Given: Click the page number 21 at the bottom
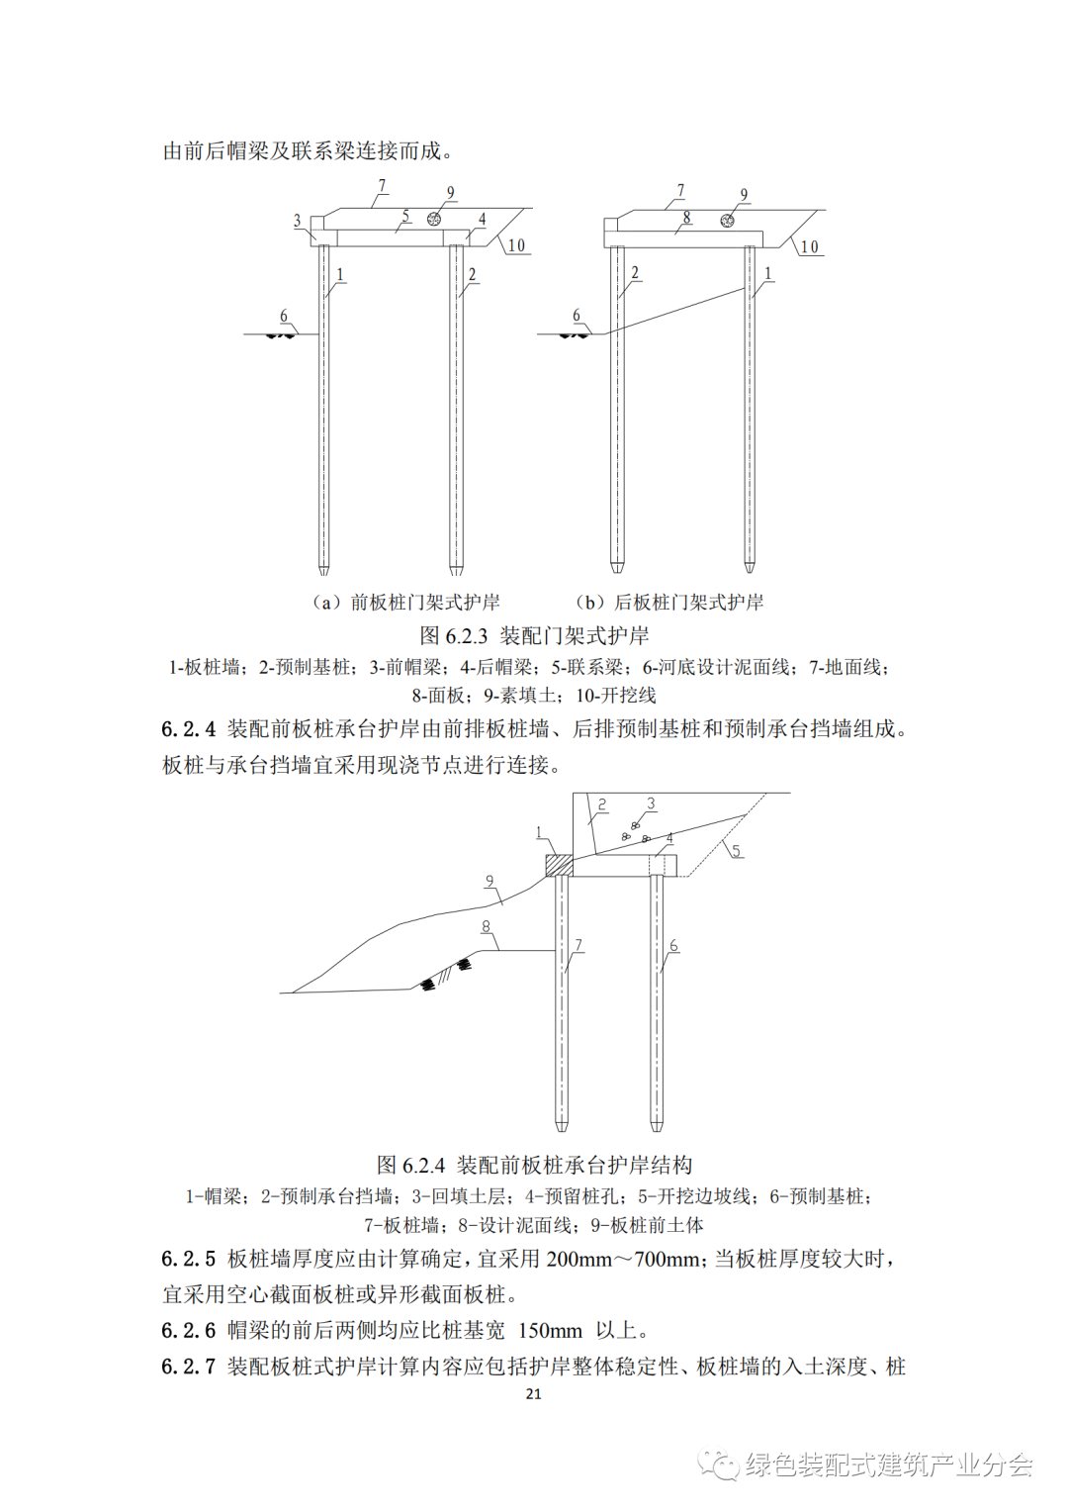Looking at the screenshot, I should click(x=534, y=1393).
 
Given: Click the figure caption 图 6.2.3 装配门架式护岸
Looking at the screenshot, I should click(x=534, y=635).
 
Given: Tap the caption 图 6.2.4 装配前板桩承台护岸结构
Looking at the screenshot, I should click(x=534, y=1165).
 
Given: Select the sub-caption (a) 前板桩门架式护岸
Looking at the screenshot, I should click(x=406, y=602).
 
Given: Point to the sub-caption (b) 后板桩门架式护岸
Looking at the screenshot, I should click(x=670, y=602).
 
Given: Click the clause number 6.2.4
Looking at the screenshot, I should click(x=188, y=729).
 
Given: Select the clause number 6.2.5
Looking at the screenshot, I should click(x=188, y=1259).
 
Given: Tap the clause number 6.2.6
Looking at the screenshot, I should click(x=188, y=1330).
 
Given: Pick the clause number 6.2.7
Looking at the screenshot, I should click(x=188, y=1367).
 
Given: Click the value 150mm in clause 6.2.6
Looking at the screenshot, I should click(x=550, y=1330).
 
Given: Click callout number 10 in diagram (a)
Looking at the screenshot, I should click(x=516, y=245).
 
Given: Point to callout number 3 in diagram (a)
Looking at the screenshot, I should click(x=297, y=221).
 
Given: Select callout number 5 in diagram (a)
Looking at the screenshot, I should click(x=405, y=216).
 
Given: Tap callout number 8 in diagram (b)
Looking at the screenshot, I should click(x=686, y=217).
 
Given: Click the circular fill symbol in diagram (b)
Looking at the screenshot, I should click(x=728, y=220).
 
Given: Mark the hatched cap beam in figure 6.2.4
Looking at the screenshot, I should click(x=559, y=865).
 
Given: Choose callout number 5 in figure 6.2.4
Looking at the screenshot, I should click(x=736, y=850).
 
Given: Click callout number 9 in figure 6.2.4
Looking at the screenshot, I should click(x=489, y=881).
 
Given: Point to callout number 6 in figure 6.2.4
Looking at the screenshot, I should click(x=673, y=946).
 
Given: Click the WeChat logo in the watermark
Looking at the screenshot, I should click(x=719, y=1464).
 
